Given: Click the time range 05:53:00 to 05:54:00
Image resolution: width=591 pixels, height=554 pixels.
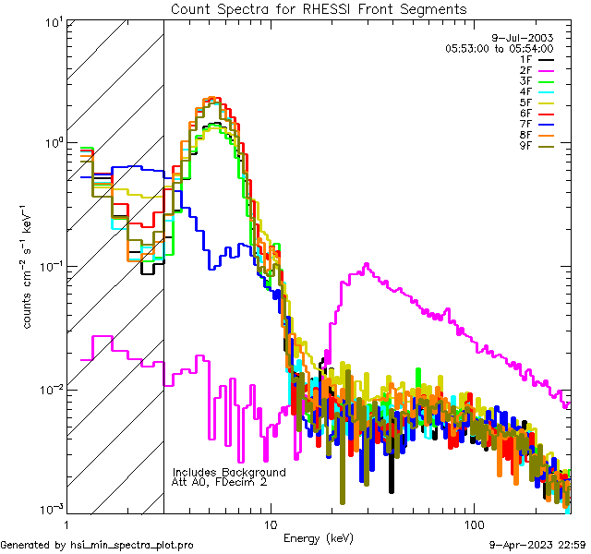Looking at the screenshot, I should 499,48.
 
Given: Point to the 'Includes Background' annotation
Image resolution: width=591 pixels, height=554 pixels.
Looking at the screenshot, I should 229,472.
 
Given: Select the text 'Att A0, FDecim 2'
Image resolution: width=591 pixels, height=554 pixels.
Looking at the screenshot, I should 220,482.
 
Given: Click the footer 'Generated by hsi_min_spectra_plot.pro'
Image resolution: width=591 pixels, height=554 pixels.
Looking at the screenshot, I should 98,546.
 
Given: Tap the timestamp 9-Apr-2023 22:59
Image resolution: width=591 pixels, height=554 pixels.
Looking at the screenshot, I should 537,546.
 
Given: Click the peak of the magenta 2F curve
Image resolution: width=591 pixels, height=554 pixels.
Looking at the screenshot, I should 367,265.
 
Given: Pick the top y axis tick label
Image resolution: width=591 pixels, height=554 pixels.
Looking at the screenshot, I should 50,22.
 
